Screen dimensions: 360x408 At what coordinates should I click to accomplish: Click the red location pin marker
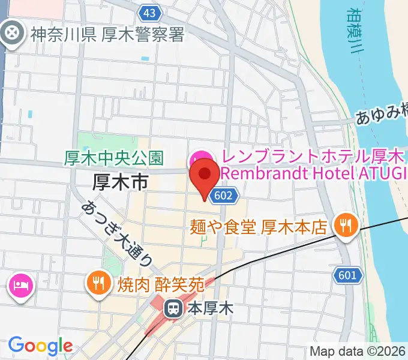click(205, 178)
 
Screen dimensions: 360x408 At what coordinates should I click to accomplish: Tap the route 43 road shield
click(149, 12)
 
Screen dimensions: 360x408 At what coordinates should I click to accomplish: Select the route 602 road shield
click(229, 195)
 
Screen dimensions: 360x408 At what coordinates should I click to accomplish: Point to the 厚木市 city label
click(120, 182)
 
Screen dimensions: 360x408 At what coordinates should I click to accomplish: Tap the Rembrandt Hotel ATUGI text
click(313, 173)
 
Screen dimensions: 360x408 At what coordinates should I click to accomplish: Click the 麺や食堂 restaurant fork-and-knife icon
click(346, 226)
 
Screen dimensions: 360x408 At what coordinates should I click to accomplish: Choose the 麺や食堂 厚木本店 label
click(258, 227)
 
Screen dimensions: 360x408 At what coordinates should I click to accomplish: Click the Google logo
click(40, 346)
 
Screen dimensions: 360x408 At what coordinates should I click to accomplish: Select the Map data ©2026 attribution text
click(358, 352)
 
